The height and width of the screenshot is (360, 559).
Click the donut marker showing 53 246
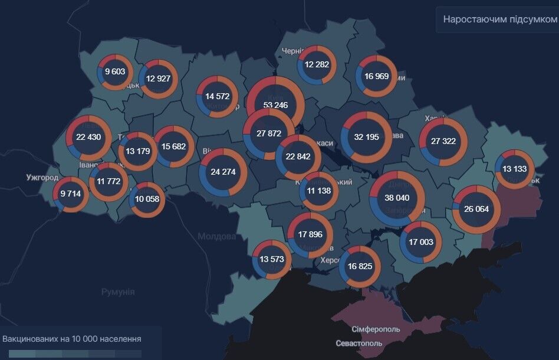pos(275,105)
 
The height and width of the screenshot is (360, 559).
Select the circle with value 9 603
pos(115,71)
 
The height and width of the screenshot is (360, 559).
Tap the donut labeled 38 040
pos(397,198)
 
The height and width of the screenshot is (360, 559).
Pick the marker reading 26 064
pos(476,209)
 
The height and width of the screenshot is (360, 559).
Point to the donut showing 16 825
pos(360,266)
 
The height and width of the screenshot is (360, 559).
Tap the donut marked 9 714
pos(70,194)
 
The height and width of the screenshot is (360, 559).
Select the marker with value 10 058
pos(147,199)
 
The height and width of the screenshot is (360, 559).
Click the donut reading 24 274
pos(223,172)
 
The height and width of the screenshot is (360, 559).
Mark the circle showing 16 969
pos(377,76)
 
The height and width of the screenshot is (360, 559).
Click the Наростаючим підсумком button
pos(499,19)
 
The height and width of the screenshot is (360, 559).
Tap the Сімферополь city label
pos(376,329)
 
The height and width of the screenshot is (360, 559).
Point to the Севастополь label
pos(360,343)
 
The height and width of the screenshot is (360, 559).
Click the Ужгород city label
pos(42,177)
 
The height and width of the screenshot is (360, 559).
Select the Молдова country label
pos(216,236)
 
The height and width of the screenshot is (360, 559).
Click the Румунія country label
pos(118,292)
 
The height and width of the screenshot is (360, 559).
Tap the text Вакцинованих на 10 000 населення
pos(72,339)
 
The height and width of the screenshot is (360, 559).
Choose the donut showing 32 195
pos(366,136)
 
